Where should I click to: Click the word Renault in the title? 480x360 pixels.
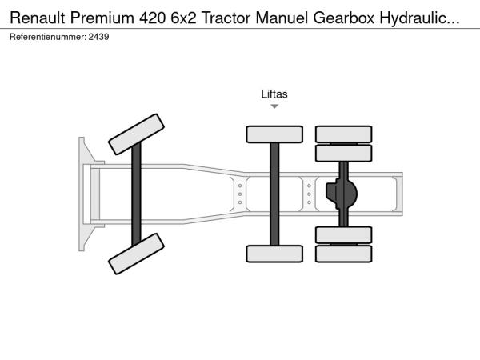[x=38, y=18]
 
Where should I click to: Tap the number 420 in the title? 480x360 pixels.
[x=152, y=18]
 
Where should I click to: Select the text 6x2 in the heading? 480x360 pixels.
[x=183, y=18]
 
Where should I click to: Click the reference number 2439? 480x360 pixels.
[x=98, y=37]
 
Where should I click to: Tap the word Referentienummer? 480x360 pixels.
[x=48, y=37]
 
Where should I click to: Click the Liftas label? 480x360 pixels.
[x=274, y=94]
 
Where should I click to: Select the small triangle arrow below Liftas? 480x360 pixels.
[x=274, y=106]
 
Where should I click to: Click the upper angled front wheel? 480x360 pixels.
[x=136, y=134]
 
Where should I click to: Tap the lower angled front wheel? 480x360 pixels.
[x=136, y=254]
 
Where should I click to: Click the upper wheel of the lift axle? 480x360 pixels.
[x=274, y=134]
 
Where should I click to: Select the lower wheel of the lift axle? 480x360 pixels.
[x=274, y=254]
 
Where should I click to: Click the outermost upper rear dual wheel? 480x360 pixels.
[x=344, y=134]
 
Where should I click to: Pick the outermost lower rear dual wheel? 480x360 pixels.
[x=344, y=254]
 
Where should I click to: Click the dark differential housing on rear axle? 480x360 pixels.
[x=342, y=194]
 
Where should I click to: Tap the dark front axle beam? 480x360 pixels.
[x=136, y=194]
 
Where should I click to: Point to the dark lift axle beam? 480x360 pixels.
[x=274, y=194]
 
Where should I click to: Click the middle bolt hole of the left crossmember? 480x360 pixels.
[x=240, y=194]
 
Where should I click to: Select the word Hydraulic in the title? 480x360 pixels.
[x=419, y=18]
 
